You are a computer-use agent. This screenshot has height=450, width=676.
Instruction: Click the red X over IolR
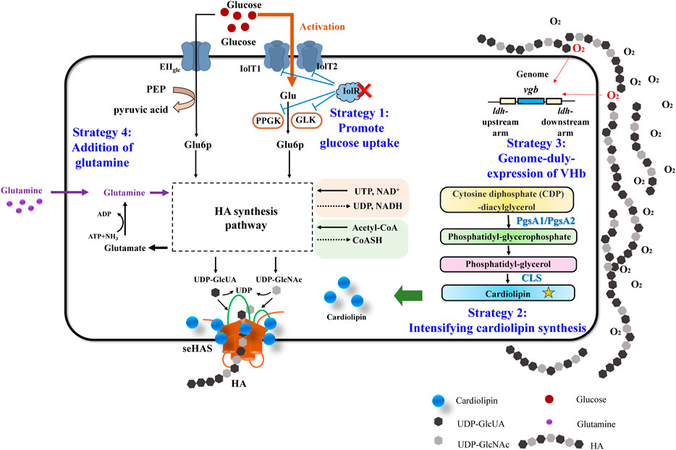[x=364, y=90]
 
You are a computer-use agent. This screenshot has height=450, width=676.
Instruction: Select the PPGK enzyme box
[x=268, y=121]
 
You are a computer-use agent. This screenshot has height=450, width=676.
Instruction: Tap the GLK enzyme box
[x=306, y=120]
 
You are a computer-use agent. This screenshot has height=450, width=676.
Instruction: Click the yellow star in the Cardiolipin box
[x=549, y=293]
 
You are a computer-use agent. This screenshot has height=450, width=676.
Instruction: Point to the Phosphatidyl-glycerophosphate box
[x=509, y=237]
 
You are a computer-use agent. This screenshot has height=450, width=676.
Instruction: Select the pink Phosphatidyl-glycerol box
[x=508, y=264]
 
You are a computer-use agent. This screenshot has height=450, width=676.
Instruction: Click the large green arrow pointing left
[x=407, y=295]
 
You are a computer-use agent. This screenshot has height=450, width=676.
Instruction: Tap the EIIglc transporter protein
[x=195, y=56]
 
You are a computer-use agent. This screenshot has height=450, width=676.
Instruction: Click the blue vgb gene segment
[x=531, y=101]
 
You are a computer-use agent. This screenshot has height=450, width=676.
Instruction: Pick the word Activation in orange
[x=322, y=27]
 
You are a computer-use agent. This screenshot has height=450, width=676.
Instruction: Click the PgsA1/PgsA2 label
[x=546, y=221]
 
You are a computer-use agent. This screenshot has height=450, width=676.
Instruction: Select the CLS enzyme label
[x=531, y=278]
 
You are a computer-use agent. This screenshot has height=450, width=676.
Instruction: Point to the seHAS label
[x=198, y=348]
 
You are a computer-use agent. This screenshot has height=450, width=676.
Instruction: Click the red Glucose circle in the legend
[x=549, y=399]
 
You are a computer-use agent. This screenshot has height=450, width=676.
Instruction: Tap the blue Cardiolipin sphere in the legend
[x=438, y=401]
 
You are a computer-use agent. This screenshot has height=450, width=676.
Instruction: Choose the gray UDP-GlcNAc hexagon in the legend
[x=438, y=441]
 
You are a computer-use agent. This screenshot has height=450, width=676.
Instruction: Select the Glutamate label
[x=125, y=248]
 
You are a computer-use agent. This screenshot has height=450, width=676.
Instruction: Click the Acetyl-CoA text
[x=375, y=228]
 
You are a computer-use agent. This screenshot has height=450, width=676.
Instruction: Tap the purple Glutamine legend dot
[x=549, y=422]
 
